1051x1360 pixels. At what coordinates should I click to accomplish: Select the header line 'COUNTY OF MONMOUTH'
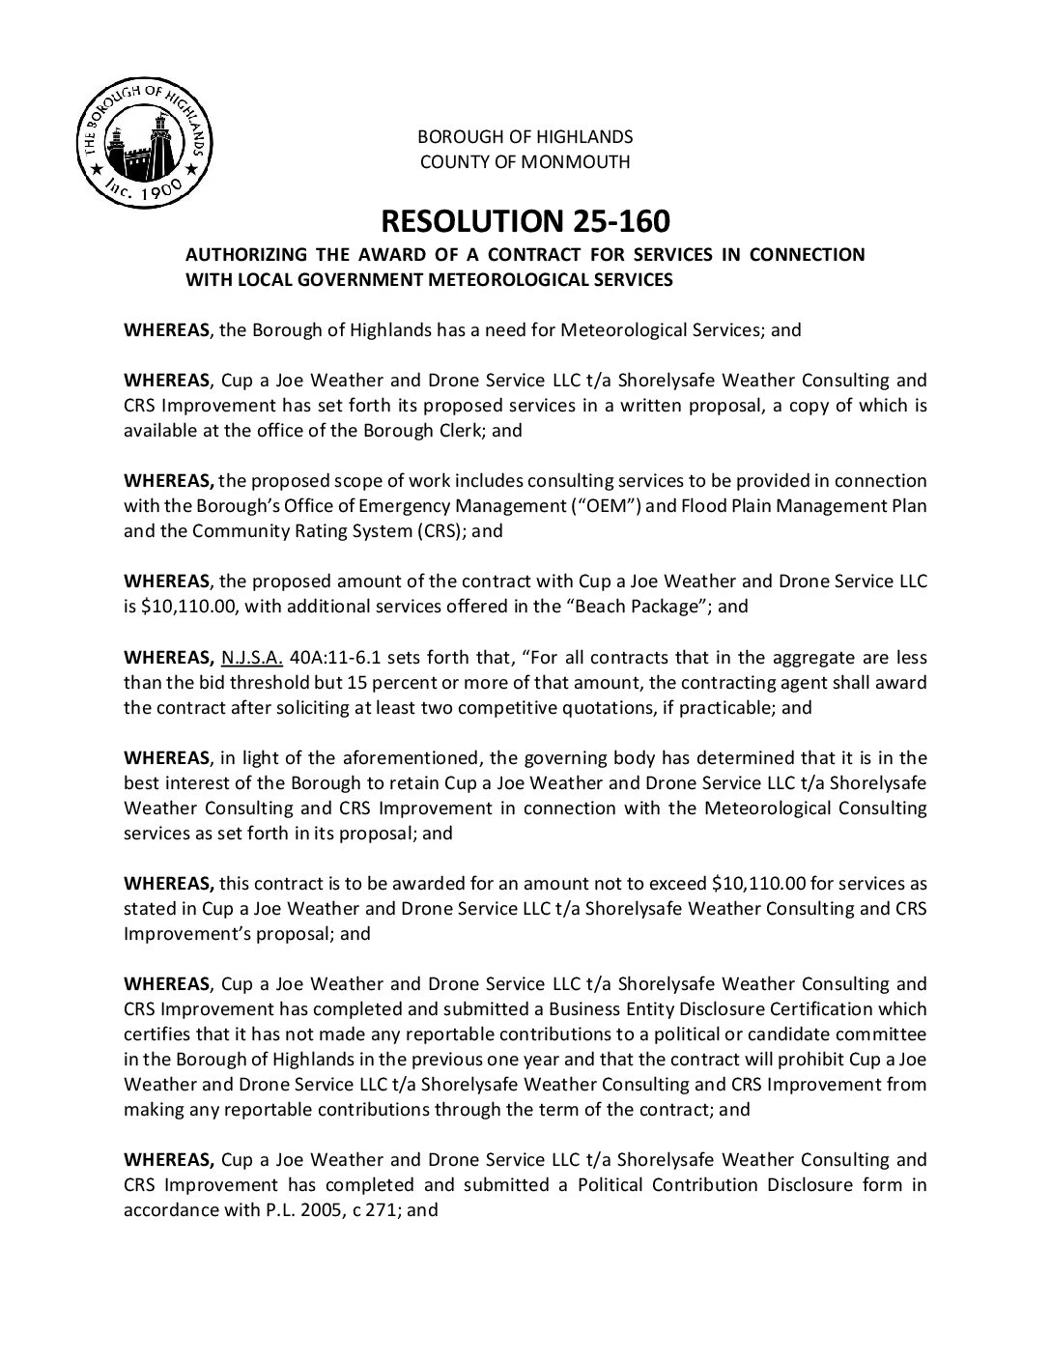[x=525, y=161]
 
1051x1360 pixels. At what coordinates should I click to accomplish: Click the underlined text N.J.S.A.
[x=251, y=658]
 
